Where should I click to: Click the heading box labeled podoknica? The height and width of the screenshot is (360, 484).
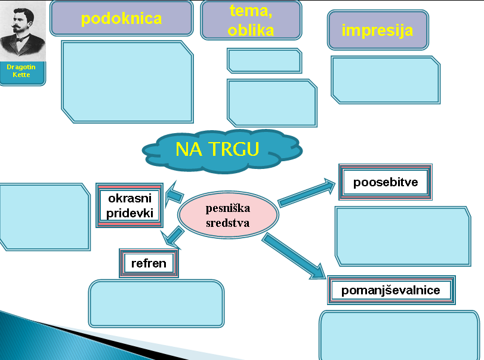[121, 19]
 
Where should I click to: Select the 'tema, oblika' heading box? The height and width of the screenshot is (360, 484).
[251, 20]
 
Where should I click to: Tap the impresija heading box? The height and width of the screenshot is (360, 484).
[378, 30]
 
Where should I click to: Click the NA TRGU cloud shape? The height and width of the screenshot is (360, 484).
[221, 150]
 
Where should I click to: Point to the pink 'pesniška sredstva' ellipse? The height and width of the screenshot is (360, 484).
[228, 215]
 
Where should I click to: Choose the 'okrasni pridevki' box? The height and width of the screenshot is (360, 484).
[130, 205]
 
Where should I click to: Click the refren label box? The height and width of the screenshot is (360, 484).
[149, 263]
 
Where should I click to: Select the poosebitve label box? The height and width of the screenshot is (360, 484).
[385, 182]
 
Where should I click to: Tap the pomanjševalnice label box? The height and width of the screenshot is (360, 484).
[391, 290]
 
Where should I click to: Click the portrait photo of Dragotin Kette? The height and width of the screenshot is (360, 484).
[23, 31]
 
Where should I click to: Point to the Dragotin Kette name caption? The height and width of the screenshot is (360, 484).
[21, 71]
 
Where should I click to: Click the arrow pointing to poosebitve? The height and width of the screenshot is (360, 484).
[307, 193]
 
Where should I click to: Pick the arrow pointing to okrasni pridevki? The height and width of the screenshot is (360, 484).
[174, 195]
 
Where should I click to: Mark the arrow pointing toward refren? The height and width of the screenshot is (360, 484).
[172, 237]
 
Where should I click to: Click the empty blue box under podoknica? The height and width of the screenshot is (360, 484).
[128, 82]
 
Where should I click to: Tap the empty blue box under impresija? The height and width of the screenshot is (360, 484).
[386, 80]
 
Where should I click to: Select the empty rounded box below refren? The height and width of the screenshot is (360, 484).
[156, 303]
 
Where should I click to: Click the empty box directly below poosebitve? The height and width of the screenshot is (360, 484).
[403, 236]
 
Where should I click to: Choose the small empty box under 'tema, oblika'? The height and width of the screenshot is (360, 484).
[264, 60]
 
